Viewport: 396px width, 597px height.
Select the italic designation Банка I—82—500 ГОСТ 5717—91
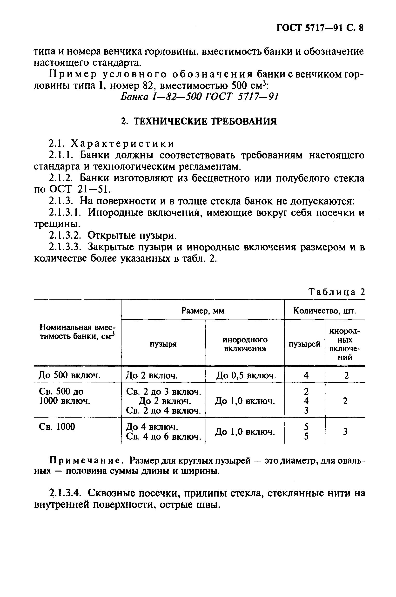(x=199, y=97)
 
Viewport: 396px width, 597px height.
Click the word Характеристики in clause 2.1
(x=123, y=144)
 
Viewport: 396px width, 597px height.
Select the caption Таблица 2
(x=337, y=292)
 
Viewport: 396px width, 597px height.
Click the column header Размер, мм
(x=202, y=311)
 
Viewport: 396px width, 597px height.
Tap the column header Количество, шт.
(x=324, y=311)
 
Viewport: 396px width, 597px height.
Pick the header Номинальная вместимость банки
(x=77, y=332)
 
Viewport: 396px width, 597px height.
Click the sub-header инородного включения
(x=245, y=344)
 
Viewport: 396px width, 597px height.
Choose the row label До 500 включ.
(x=69, y=375)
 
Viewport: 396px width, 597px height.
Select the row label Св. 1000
(x=57, y=427)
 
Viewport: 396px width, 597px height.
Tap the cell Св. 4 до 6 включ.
(x=163, y=437)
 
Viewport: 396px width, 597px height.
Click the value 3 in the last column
(x=345, y=432)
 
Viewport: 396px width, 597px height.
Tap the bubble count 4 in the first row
(x=306, y=375)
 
